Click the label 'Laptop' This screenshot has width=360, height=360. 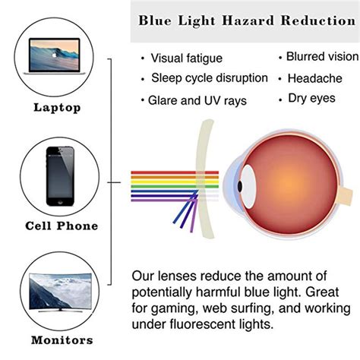click(x=57, y=108)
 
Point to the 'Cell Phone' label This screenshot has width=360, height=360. click(x=62, y=226)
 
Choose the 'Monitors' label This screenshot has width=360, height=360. click(x=62, y=340)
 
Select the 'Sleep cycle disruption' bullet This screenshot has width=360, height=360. click(x=210, y=78)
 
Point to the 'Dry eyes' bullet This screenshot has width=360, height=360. click(x=311, y=98)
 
